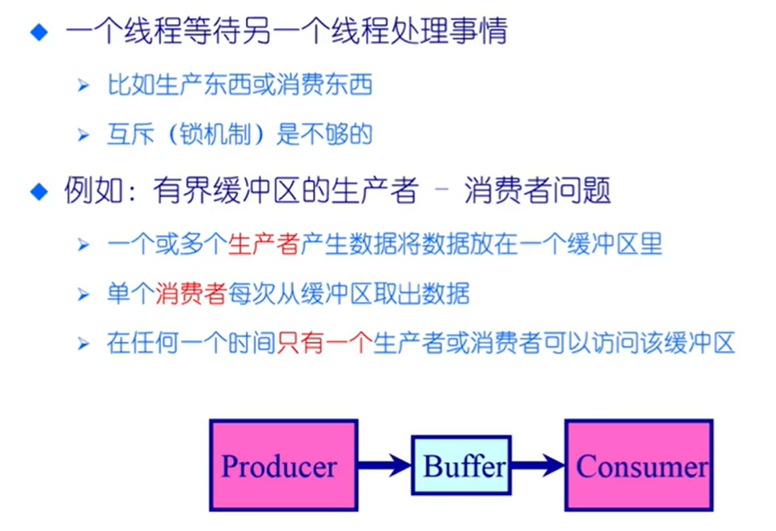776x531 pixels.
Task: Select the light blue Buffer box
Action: pos(460,465)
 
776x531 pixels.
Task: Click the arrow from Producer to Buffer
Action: pos(384,465)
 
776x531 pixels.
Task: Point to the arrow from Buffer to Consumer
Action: pos(537,465)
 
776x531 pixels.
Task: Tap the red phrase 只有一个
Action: pos(324,344)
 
